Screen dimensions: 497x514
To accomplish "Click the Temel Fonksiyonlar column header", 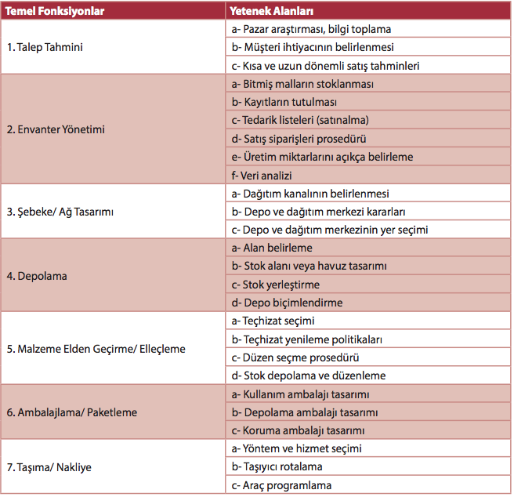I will tap(55, 12).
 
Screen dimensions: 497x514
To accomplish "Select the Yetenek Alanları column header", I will tap(272, 12).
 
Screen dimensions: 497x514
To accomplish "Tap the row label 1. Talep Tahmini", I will tap(45, 47).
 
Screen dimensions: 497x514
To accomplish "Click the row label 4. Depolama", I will tap(37, 276).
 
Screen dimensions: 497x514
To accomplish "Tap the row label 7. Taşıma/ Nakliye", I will tap(49, 467).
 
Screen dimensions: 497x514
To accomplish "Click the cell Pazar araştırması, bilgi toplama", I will tap(311, 29).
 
